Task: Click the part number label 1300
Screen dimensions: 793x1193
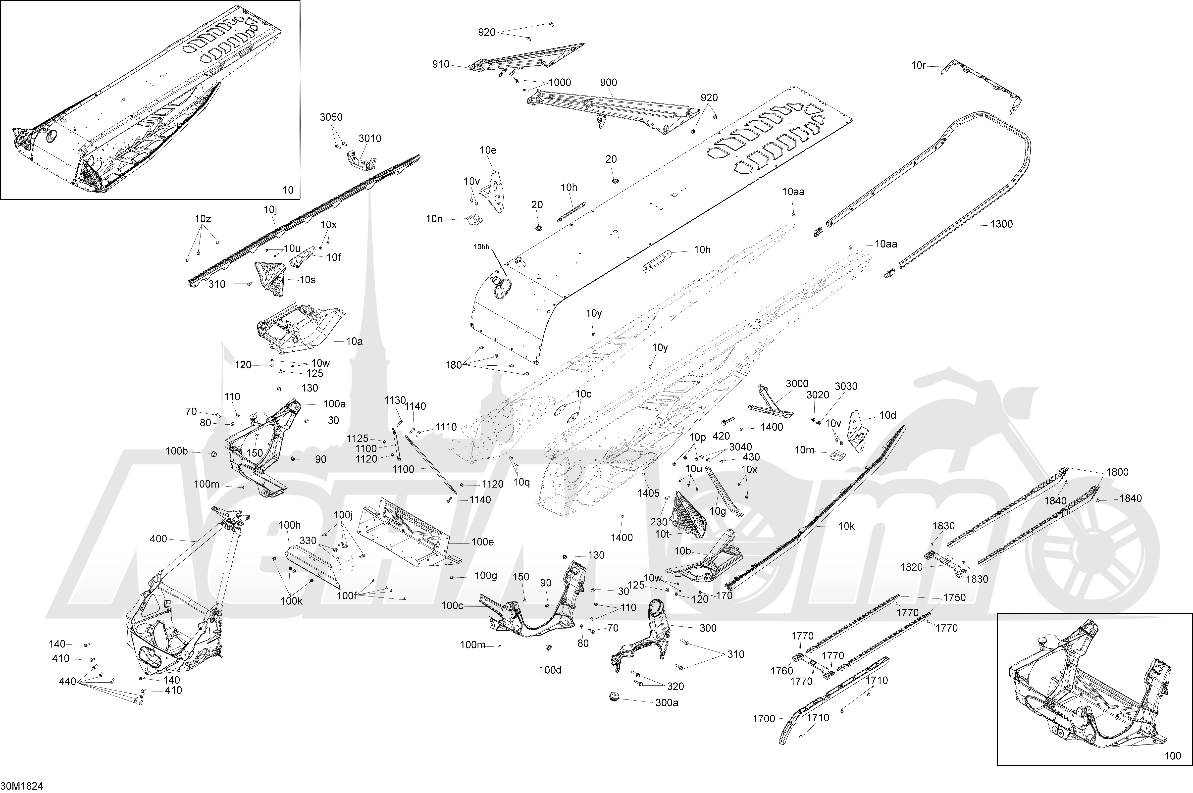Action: [x=1001, y=224]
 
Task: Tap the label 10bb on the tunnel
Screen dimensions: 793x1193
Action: [x=481, y=247]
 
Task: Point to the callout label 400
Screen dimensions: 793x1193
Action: [x=158, y=539]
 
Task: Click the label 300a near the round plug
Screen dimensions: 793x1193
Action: [x=667, y=703]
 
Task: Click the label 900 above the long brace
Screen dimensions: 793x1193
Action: [x=608, y=82]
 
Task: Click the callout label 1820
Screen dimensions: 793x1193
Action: [x=911, y=567]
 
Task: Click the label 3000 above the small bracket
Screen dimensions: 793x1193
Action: [x=797, y=384]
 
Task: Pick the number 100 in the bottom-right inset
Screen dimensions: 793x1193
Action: [x=1172, y=770]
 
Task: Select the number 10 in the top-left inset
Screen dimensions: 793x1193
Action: [x=287, y=190]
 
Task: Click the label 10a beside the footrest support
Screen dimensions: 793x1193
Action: [x=354, y=341]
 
